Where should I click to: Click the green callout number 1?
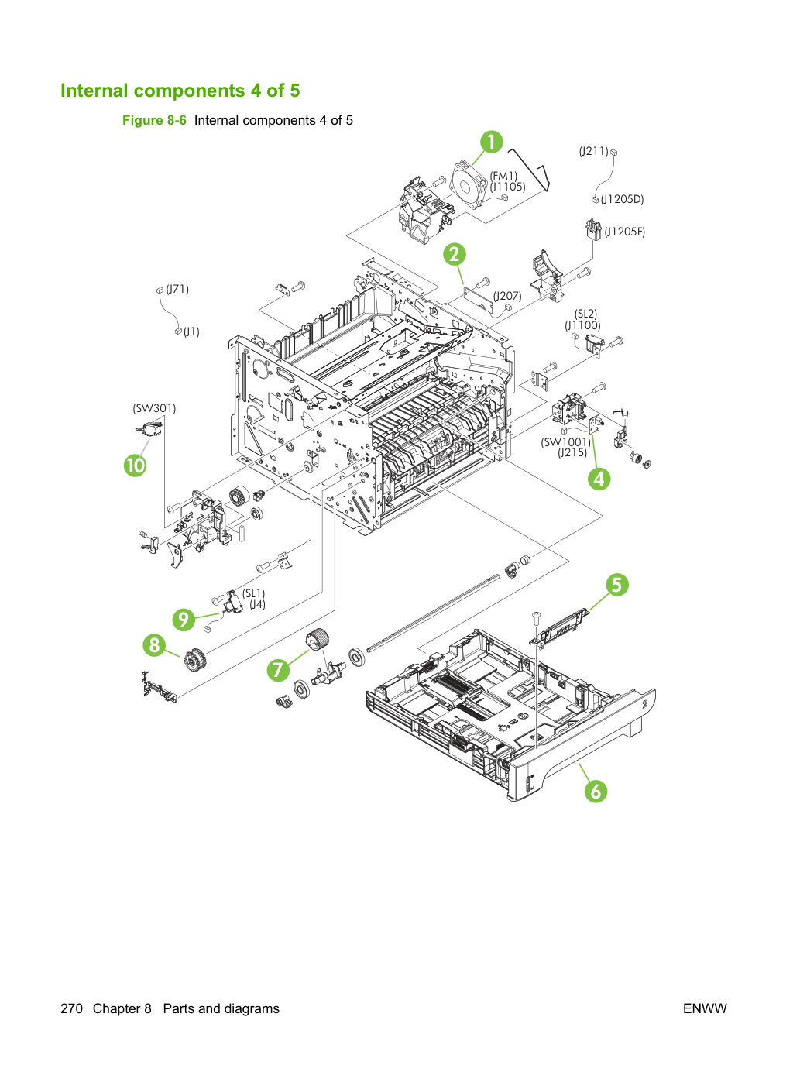coord(491,143)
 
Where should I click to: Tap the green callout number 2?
coord(455,254)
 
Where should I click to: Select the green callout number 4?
coord(599,479)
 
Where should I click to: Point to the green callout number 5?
coord(616,585)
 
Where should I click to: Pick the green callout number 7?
coord(278,669)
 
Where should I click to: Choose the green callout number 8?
coord(154,645)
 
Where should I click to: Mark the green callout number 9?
coord(184,620)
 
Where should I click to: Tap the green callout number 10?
coord(136,466)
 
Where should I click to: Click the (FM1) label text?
coord(503,176)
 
